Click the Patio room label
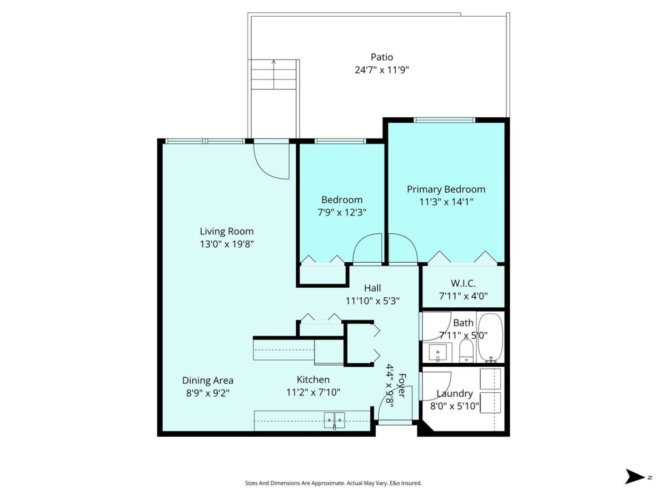tap(382, 57)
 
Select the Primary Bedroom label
tap(446, 189)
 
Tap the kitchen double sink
tap(335, 421)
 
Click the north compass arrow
tap(634, 477)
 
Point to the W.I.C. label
tap(463, 283)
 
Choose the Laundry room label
tap(455, 393)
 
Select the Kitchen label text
tap(313, 379)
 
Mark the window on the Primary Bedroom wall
tap(444, 119)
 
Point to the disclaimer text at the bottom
tap(333, 483)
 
